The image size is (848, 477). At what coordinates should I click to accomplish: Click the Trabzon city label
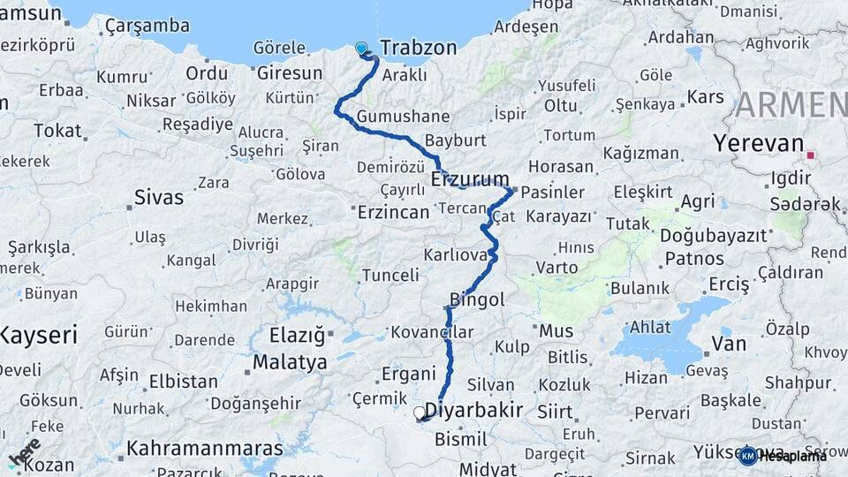click(419, 48)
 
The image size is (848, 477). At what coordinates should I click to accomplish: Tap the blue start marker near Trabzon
click(360, 49)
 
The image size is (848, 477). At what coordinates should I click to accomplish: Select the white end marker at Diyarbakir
click(420, 412)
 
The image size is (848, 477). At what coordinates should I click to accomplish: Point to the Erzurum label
click(471, 179)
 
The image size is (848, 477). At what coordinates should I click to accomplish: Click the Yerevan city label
click(759, 144)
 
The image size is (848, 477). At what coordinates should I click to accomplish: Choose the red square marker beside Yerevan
click(811, 155)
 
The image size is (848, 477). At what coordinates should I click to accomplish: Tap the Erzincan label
click(393, 212)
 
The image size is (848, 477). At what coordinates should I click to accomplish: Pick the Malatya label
click(290, 362)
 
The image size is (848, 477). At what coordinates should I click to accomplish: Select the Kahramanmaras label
click(204, 448)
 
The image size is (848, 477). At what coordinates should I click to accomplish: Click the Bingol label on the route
click(477, 299)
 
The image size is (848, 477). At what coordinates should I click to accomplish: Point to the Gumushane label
click(404, 117)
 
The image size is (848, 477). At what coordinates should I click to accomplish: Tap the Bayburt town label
click(456, 140)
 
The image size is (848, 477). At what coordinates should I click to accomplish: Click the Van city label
click(729, 344)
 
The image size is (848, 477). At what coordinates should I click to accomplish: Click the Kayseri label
click(39, 335)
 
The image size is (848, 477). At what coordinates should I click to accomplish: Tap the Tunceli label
click(390, 276)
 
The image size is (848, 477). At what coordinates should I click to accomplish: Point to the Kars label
click(705, 95)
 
